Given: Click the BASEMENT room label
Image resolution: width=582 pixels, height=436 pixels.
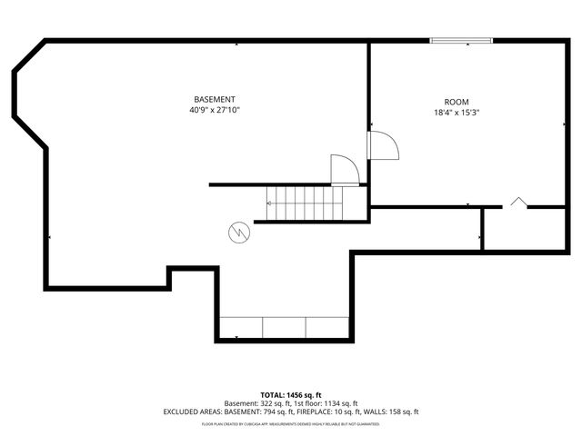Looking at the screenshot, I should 215,99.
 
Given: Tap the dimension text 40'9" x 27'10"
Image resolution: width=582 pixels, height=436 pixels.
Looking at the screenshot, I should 215,110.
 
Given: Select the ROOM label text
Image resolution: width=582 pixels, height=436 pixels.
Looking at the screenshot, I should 457,102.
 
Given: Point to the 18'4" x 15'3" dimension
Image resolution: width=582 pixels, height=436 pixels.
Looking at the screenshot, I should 457,113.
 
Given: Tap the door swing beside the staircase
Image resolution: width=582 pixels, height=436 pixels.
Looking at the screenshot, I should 343,169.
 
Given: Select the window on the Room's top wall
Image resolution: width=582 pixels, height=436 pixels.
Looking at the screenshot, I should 461,40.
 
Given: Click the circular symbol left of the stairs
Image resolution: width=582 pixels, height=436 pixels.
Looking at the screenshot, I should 238,232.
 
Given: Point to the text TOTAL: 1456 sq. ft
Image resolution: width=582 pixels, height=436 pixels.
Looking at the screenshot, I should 291,395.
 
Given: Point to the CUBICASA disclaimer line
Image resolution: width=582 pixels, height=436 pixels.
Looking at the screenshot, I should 291,423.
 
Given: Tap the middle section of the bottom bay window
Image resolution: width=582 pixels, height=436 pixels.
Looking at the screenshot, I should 284,328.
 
